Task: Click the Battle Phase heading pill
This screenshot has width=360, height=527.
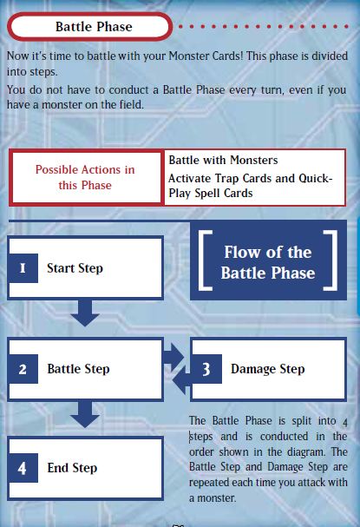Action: click(93, 27)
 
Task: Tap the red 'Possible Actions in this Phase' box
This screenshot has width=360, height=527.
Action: click(85, 177)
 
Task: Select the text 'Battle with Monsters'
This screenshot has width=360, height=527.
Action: click(223, 161)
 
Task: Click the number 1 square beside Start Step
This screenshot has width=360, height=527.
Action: click(23, 268)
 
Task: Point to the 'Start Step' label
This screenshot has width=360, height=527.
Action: click(75, 268)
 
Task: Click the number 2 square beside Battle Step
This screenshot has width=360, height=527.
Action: click(23, 369)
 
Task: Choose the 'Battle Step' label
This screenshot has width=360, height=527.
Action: click(78, 369)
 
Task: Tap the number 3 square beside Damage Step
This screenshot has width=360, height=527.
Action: click(206, 369)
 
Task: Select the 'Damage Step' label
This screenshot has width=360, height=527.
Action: click(267, 369)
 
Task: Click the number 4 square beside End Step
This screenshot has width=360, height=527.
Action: click(23, 468)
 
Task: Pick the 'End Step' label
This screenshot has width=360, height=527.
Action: click(72, 468)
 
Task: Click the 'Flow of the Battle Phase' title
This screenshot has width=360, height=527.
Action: click(267, 262)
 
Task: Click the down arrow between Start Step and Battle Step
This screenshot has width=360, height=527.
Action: click(85, 313)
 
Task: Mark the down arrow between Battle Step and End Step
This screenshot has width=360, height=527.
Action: click(85, 414)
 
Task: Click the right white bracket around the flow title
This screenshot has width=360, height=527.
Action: click(331, 260)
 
